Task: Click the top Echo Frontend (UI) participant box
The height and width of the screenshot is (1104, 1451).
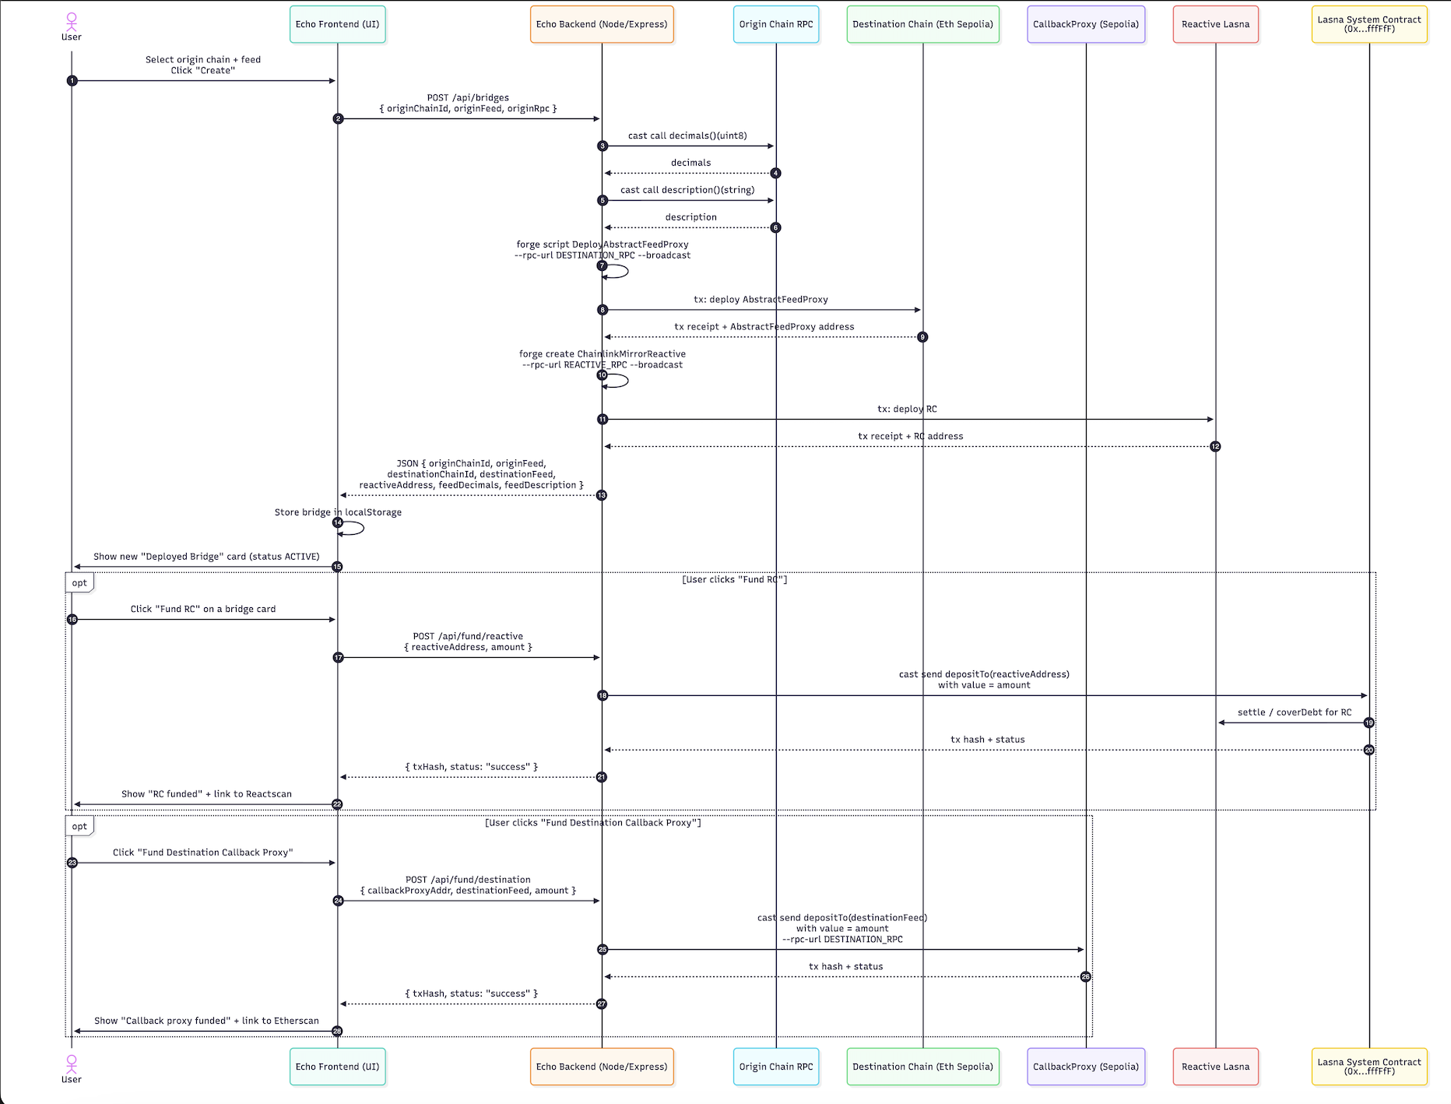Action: click(x=337, y=24)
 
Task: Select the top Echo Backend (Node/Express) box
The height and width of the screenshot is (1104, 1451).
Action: click(x=602, y=24)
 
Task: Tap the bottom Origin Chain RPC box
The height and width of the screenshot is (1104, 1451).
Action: click(x=776, y=1067)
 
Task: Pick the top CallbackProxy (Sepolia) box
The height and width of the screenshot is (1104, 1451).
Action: click(x=1086, y=24)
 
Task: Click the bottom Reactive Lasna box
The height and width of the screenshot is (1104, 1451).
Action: click(x=1215, y=1067)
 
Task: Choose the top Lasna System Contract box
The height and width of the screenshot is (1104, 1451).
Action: click(x=1369, y=24)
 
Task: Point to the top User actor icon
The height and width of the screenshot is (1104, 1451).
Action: click(x=72, y=22)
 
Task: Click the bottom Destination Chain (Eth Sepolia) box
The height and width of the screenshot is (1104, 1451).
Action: click(x=922, y=1067)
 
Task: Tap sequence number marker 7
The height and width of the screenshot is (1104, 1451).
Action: click(x=602, y=266)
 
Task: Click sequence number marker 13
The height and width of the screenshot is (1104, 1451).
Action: click(x=602, y=495)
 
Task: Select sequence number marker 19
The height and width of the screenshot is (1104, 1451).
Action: click(x=1369, y=723)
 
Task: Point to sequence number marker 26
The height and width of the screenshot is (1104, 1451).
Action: click(x=1086, y=976)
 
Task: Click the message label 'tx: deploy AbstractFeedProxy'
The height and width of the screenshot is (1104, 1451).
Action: click(x=761, y=300)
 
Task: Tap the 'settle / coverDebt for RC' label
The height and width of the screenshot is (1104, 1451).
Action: click(x=1295, y=712)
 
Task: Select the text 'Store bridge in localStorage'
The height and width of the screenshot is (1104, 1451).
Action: click(x=338, y=512)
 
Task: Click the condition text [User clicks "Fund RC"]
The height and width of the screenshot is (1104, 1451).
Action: click(x=735, y=579)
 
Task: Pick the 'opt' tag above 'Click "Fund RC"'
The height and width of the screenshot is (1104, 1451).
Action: click(x=79, y=583)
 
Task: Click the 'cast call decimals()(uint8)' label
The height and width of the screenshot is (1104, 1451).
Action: click(x=687, y=135)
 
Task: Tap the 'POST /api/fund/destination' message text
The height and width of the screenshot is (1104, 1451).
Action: click(x=468, y=880)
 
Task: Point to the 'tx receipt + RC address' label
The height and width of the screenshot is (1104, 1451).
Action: click(x=910, y=436)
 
